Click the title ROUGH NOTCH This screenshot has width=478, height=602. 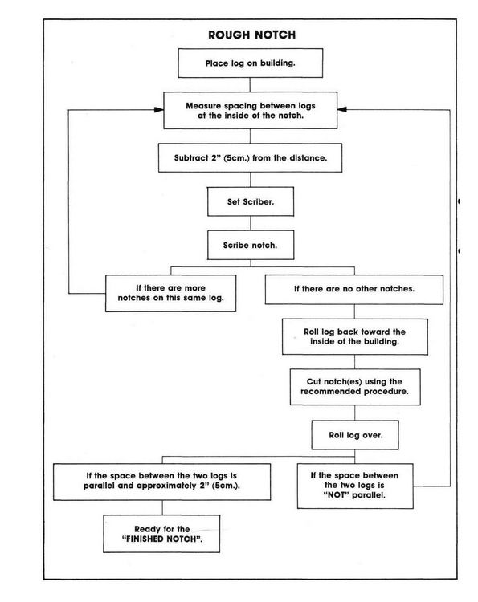coord(252,35)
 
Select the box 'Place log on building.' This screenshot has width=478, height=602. coord(250,63)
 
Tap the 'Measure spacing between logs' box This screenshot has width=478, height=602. coord(250,110)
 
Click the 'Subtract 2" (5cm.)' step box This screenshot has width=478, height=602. coord(250,158)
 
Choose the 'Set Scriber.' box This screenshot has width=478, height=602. coord(251,201)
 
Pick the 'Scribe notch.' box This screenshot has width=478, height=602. coord(251,245)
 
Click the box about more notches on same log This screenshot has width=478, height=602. coord(170,293)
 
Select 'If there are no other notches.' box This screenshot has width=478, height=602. coord(354,290)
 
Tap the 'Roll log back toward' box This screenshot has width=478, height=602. coord(354,336)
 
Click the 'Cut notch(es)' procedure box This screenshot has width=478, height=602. coord(355,387)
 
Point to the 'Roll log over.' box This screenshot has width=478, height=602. coord(355,435)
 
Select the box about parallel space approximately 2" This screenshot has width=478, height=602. coord(161,482)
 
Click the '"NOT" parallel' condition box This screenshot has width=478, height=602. coord(355,486)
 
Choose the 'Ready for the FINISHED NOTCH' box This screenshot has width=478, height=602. coord(161,534)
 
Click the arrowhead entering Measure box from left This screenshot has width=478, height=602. coord(159,110)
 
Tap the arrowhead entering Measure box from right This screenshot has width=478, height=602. coord(342,109)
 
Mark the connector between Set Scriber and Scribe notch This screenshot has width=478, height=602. coord(251,223)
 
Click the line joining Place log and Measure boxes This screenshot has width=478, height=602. coord(250,85)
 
